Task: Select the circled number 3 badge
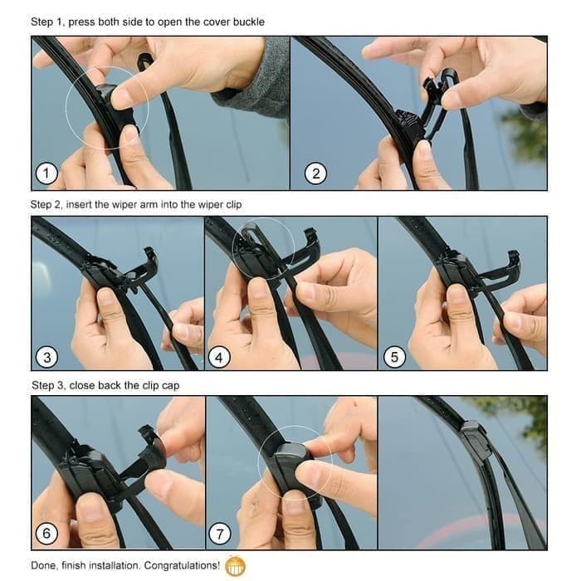click(46, 358)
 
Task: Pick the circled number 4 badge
click(218, 358)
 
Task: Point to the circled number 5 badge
click(394, 358)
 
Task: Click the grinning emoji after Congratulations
click(236, 565)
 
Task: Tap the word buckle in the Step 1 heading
click(247, 22)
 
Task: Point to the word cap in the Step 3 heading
click(168, 385)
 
